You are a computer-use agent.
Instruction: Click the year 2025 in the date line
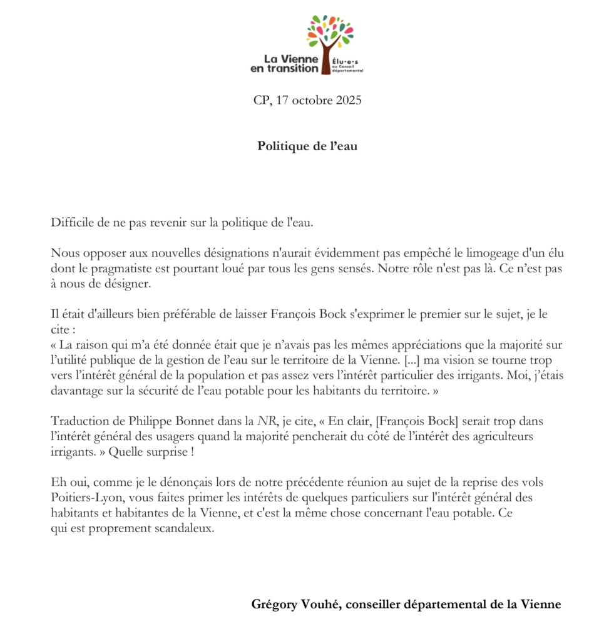click(x=348, y=100)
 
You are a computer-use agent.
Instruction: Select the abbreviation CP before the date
click(x=261, y=100)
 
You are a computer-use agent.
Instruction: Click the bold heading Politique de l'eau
click(x=307, y=146)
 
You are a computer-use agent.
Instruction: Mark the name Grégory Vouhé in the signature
click(x=296, y=604)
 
